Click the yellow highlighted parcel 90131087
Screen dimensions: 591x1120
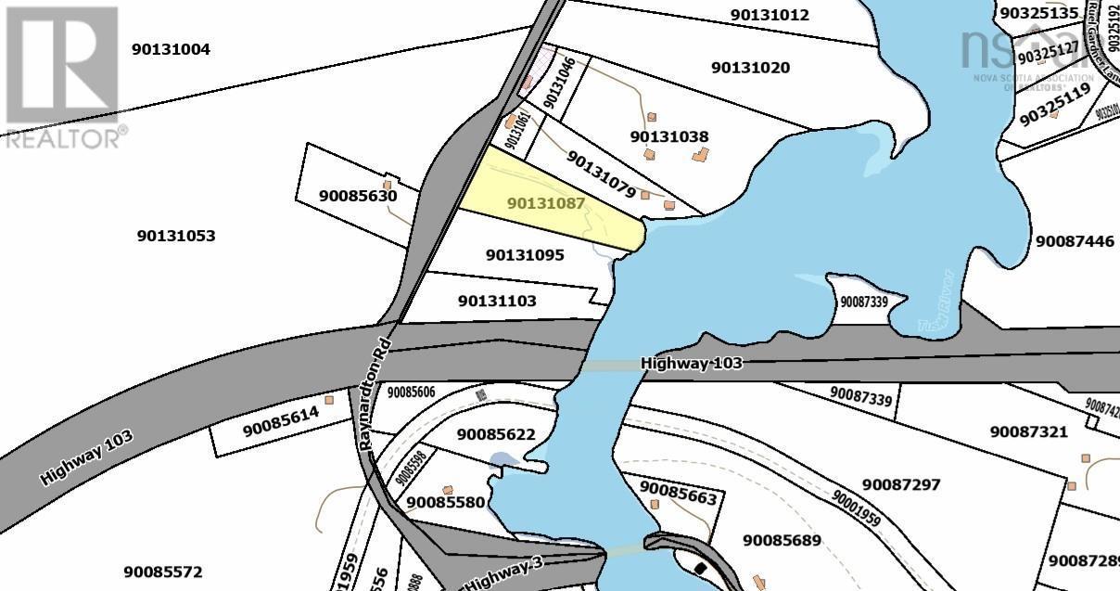[547, 202]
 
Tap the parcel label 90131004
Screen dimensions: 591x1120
[172, 49]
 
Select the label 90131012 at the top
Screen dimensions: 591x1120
[770, 15]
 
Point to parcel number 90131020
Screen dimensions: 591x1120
[750, 67]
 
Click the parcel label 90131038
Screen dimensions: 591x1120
[669, 136]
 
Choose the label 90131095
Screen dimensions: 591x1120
[525, 254]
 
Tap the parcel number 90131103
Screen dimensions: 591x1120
[497, 301]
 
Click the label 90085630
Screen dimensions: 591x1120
[358, 196]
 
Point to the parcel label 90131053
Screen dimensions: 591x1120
[176, 236]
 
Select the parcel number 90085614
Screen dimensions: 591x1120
[281, 430]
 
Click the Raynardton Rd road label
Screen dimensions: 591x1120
[376, 394]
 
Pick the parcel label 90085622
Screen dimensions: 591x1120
[496, 433]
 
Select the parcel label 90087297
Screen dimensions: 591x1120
[901, 484]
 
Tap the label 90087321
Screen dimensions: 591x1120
[1029, 431]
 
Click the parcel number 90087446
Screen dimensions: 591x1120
[1075, 241]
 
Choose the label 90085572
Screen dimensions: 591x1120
[162, 572]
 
